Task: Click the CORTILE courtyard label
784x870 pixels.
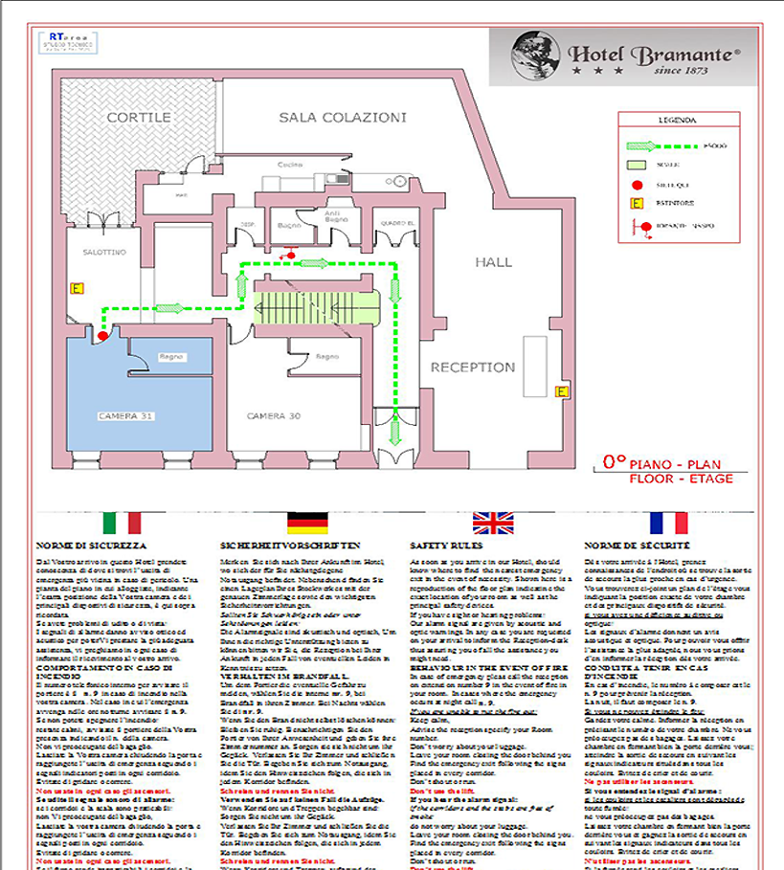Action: pos(139,117)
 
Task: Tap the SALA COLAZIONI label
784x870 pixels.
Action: pos(343,117)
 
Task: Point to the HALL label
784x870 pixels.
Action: pos(494,261)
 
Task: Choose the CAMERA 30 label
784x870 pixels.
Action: pos(274,416)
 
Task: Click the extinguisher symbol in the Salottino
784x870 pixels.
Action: pos(77,287)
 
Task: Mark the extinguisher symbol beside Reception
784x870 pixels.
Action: pos(562,390)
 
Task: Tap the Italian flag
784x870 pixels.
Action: pos(122,523)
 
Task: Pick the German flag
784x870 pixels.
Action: pos(307,523)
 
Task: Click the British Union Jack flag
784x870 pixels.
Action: pos(493,523)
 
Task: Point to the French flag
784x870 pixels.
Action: pos(669,523)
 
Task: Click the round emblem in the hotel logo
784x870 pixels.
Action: pos(530,56)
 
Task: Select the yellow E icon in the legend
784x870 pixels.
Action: pos(635,204)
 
